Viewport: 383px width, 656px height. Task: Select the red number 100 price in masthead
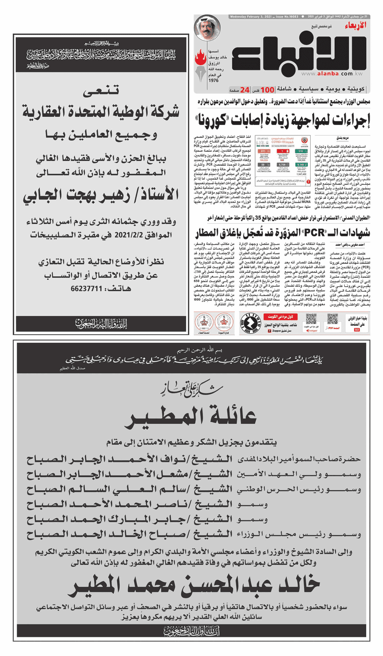pyautogui.click(x=269, y=90)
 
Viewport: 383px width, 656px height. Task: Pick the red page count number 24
pyautogui.click(x=245, y=90)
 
